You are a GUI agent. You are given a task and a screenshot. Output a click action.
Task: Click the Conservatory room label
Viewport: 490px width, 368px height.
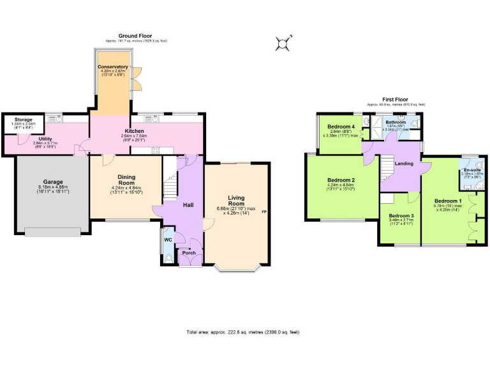[x=112, y=66]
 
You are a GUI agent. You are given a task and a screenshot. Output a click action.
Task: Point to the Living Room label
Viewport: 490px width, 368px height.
[x=236, y=200]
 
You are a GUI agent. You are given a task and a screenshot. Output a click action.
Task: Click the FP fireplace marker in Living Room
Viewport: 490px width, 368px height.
[x=264, y=211]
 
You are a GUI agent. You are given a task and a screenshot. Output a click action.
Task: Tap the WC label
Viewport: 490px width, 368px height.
[x=168, y=240]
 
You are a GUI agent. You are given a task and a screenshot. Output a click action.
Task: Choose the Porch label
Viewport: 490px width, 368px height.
[x=189, y=252]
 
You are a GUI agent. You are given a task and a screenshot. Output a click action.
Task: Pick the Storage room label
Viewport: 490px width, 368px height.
[x=24, y=119]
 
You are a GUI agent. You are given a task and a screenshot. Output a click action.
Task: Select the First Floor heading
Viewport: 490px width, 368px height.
[x=396, y=100]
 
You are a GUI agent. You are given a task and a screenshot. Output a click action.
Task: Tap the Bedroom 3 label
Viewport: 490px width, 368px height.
[x=401, y=215]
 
